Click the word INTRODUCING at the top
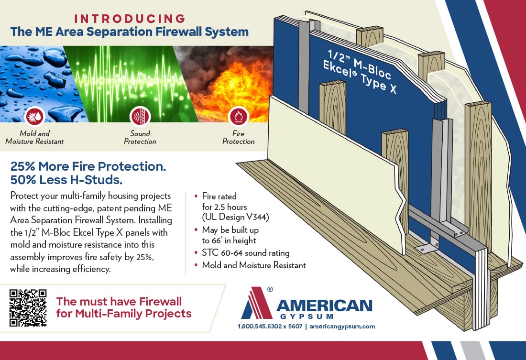click(x=130, y=19)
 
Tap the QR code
click(x=28, y=308)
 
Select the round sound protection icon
click(x=140, y=116)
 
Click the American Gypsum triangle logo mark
click(x=256, y=303)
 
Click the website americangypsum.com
click(x=342, y=327)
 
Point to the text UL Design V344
click(x=235, y=217)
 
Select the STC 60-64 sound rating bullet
click(x=246, y=252)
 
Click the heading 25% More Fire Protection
click(x=88, y=166)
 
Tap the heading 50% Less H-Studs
click(x=66, y=180)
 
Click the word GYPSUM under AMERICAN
click(x=306, y=316)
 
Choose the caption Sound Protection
click(x=140, y=138)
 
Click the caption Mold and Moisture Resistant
click(x=34, y=138)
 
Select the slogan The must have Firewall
click(x=119, y=301)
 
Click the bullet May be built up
click(x=230, y=230)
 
